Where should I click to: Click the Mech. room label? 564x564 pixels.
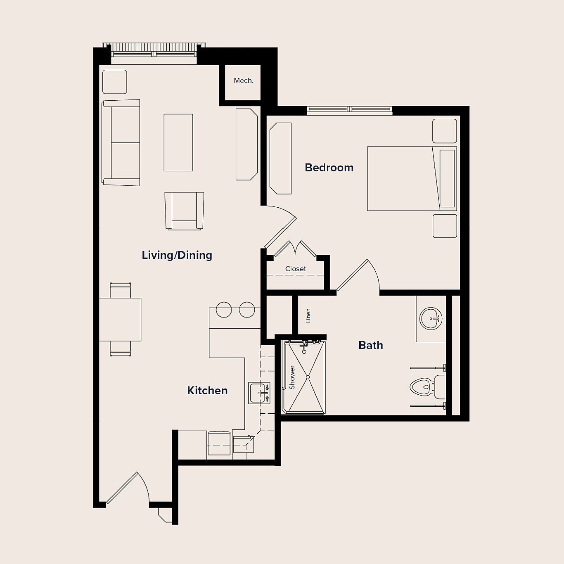(x=243, y=81)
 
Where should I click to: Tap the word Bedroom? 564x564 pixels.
(x=329, y=168)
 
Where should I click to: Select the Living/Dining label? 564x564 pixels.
(x=177, y=255)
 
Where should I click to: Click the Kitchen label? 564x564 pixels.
(x=207, y=391)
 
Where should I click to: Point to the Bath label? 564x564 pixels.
(x=371, y=345)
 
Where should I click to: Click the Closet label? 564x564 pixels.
(x=296, y=269)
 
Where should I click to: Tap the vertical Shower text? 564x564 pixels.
(x=292, y=377)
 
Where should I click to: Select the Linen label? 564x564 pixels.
(x=308, y=316)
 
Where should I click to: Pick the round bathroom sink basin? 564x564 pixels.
(x=431, y=318)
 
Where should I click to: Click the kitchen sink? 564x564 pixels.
(x=259, y=393)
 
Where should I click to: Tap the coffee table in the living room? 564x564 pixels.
(x=178, y=142)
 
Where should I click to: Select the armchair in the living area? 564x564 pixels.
(x=184, y=211)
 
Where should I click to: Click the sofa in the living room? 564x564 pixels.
(x=121, y=142)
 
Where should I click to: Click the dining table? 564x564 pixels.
(x=120, y=319)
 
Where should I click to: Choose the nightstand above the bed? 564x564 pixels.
(x=445, y=131)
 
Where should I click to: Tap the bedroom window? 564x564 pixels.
(x=349, y=109)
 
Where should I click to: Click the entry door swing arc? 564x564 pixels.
(x=140, y=485)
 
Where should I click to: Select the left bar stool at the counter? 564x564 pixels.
(x=224, y=310)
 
